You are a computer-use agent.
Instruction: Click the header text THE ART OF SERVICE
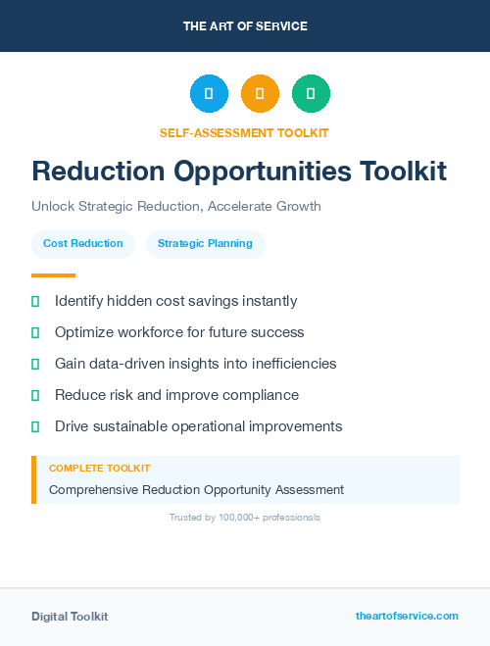coord(245,26)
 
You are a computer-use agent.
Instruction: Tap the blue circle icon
coord(209,94)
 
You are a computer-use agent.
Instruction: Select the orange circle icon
coord(260,94)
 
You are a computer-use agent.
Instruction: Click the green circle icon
coord(311,94)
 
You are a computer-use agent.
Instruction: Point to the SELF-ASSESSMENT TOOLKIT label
coord(244,132)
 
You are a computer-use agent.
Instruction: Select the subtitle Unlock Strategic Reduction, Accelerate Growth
coord(176,207)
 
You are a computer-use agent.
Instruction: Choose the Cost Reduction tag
coord(83,244)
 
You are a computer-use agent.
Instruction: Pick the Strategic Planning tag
coord(205,244)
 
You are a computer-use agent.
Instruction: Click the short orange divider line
coord(53,275)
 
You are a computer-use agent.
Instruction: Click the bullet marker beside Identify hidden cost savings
coord(35,301)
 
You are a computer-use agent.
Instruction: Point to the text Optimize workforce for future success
coord(179,332)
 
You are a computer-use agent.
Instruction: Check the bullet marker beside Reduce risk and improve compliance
coord(35,395)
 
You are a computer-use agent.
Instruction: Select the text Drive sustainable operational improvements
coord(198,426)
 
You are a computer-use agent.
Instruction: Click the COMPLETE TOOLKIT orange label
coord(99,469)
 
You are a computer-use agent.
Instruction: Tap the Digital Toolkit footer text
coord(70,617)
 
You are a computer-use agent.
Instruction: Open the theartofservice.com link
coord(407,616)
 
